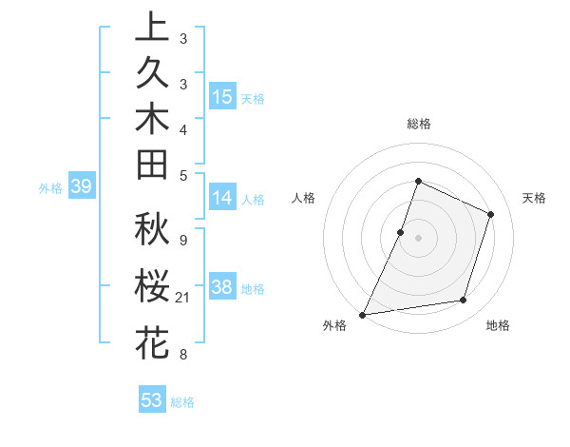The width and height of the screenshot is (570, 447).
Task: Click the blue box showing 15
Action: pos(222,96)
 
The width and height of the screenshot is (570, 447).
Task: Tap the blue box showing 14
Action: pos(222,198)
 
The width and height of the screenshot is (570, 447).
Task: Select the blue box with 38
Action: pos(222,287)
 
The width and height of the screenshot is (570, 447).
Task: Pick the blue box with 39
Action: pos(81,187)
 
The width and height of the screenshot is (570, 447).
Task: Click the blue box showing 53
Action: pos(152,400)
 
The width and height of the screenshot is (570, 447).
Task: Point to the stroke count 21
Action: pos(183,298)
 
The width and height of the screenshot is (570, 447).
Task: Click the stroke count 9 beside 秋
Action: pos(182,240)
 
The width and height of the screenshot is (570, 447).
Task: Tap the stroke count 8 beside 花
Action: pos(182,355)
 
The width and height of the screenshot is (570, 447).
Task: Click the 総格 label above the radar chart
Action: pos(418,124)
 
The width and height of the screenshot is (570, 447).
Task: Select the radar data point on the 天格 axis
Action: pos(491,214)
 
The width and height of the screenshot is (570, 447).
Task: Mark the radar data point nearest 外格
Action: pos(362,315)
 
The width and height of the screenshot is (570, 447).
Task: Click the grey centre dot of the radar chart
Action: pos(418,238)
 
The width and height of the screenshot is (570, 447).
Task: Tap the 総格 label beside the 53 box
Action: pos(182,402)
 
